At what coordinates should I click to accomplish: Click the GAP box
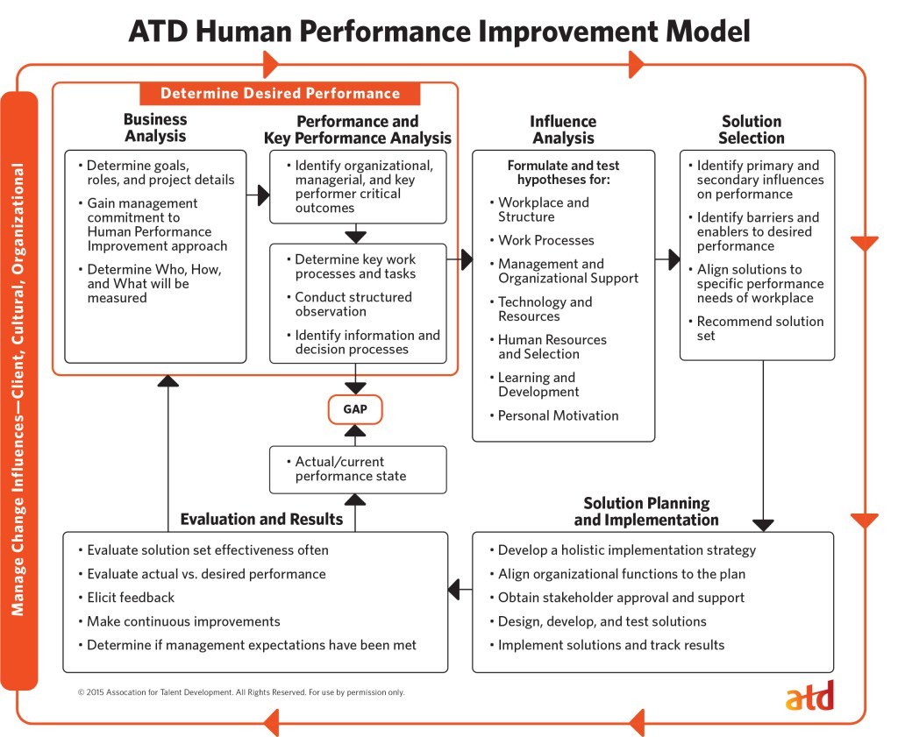(x=355, y=409)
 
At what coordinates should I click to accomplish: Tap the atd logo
(x=809, y=697)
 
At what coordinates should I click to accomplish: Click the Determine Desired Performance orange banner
(x=280, y=93)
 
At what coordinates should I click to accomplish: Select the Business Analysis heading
(x=156, y=128)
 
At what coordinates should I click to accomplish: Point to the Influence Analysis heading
(x=563, y=130)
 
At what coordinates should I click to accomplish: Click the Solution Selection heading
(x=752, y=130)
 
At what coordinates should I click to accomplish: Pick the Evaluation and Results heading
(x=261, y=519)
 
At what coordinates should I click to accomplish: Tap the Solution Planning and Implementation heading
(x=646, y=511)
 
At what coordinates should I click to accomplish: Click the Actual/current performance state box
(x=358, y=470)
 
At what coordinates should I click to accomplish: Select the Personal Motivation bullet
(x=554, y=415)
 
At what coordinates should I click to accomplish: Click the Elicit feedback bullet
(x=126, y=598)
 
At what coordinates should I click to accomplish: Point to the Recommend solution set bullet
(x=756, y=329)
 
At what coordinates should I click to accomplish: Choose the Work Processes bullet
(x=542, y=240)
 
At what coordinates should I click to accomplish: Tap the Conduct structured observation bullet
(x=349, y=304)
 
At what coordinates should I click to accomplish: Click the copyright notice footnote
(x=241, y=692)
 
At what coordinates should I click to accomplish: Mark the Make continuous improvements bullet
(x=179, y=621)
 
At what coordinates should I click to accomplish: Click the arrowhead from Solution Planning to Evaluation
(x=453, y=590)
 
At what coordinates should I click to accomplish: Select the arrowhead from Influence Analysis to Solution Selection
(x=674, y=259)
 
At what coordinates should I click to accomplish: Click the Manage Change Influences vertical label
(x=18, y=390)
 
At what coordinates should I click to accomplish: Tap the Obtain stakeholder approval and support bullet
(x=616, y=598)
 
